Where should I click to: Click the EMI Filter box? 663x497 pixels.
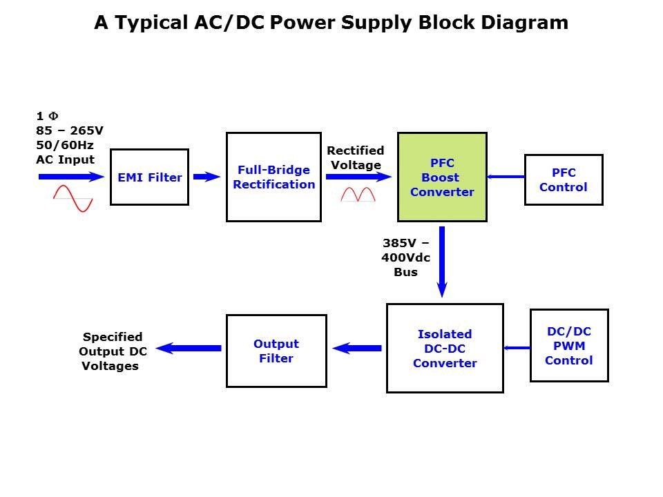[x=149, y=177]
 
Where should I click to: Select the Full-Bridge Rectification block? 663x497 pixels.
[x=273, y=177]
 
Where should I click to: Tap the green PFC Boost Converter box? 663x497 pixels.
[x=442, y=177]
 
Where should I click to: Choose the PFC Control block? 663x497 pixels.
[x=564, y=180]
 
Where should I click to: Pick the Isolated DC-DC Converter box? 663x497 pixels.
[x=445, y=349]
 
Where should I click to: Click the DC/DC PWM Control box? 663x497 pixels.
[x=569, y=346]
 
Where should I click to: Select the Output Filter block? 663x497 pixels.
[x=276, y=351]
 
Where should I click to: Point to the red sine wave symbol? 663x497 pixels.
[x=73, y=198]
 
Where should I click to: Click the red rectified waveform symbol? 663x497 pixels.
[x=358, y=195]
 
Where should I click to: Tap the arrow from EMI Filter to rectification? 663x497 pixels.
[x=206, y=177]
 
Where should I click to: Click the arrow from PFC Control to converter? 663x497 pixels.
[x=506, y=177]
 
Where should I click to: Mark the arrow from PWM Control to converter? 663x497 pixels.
[x=516, y=348]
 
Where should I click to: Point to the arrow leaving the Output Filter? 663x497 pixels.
[x=189, y=349]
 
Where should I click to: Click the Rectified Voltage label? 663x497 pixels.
[x=355, y=158]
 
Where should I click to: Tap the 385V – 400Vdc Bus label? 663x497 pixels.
[x=406, y=257]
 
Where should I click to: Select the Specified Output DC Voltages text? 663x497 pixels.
[x=113, y=351]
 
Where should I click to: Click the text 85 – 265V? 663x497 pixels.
[x=70, y=130]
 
